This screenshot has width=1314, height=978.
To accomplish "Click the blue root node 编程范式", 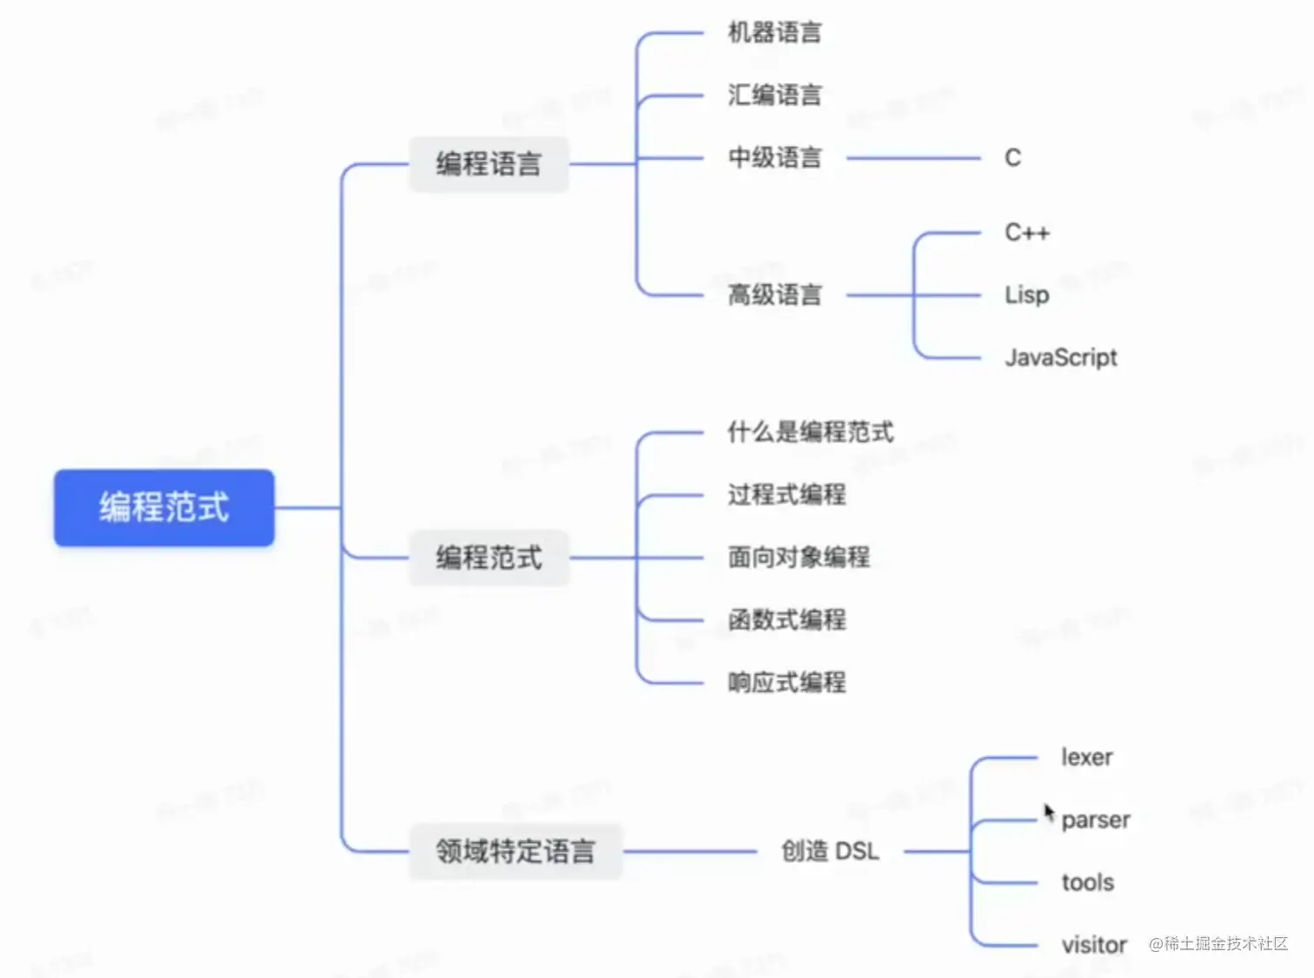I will pyautogui.click(x=164, y=507).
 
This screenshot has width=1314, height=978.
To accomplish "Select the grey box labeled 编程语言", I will pyautogui.click(x=488, y=163).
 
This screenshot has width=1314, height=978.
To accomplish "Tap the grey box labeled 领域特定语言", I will pyautogui.click(x=515, y=850).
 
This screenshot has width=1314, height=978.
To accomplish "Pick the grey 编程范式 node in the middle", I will pyautogui.click(x=488, y=557).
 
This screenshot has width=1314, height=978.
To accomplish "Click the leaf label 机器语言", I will pyautogui.click(x=773, y=33).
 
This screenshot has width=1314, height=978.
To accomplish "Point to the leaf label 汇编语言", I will pyautogui.click(x=773, y=95).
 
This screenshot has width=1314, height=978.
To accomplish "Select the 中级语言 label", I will pyautogui.click(x=773, y=157).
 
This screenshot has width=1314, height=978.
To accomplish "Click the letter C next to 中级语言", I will pyautogui.click(x=1012, y=157).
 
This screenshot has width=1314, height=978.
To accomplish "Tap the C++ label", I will pyautogui.click(x=1026, y=232).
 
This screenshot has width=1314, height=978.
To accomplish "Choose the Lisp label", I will pyautogui.click(x=1026, y=294).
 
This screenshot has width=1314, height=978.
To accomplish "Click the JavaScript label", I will pyautogui.click(x=1060, y=357).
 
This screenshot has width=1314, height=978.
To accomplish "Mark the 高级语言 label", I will pyautogui.click(x=773, y=294).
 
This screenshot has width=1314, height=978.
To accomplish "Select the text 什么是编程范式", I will pyautogui.click(x=810, y=432).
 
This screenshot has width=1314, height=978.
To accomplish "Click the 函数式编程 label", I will pyautogui.click(x=786, y=619).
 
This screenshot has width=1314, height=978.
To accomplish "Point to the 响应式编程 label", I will pyautogui.click(x=786, y=682).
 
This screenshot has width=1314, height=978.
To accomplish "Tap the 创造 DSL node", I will pyautogui.click(x=830, y=850).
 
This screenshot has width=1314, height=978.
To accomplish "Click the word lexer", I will pyautogui.click(x=1086, y=757).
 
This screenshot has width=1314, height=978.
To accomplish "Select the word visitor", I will pyautogui.click(x=1093, y=944).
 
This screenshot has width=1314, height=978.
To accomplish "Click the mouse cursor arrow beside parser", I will pyautogui.click(x=1049, y=812).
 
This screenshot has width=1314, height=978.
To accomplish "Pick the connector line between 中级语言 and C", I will pyautogui.click(x=912, y=158).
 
